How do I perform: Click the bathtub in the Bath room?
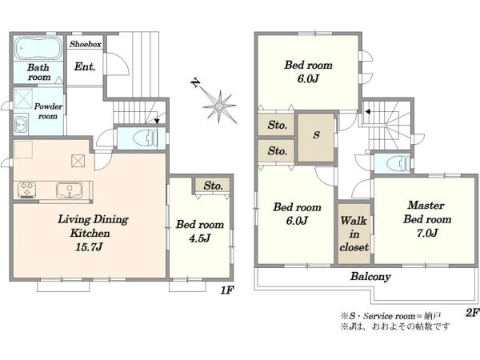pyautogui.click(x=38, y=48)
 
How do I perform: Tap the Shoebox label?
pyautogui.click(x=85, y=44)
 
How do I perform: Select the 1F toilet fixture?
pyautogui.click(x=146, y=138)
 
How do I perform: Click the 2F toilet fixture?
pyautogui.click(x=398, y=164)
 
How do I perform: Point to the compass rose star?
pyautogui.click(x=220, y=106)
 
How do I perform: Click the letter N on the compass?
pyautogui.click(x=195, y=82)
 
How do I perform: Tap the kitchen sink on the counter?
pyautogui.click(x=69, y=190)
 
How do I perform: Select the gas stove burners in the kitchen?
pyautogui.click(x=27, y=190)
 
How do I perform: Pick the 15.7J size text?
pyautogui.click(x=89, y=247)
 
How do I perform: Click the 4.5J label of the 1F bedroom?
pyautogui.click(x=199, y=238)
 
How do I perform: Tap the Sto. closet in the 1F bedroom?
pyautogui.click(x=213, y=186)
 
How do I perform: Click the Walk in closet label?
pyautogui.click(x=354, y=234)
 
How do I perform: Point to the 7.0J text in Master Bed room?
pyautogui.click(x=427, y=233)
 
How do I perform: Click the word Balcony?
pyautogui.click(x=370, y=277)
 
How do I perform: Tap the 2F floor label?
pyautogui.click(x=471, y=312)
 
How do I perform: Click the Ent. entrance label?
pyautogui.click(x=85, y=66)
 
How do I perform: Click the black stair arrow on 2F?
pyautogui.click(x=368, y=112)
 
